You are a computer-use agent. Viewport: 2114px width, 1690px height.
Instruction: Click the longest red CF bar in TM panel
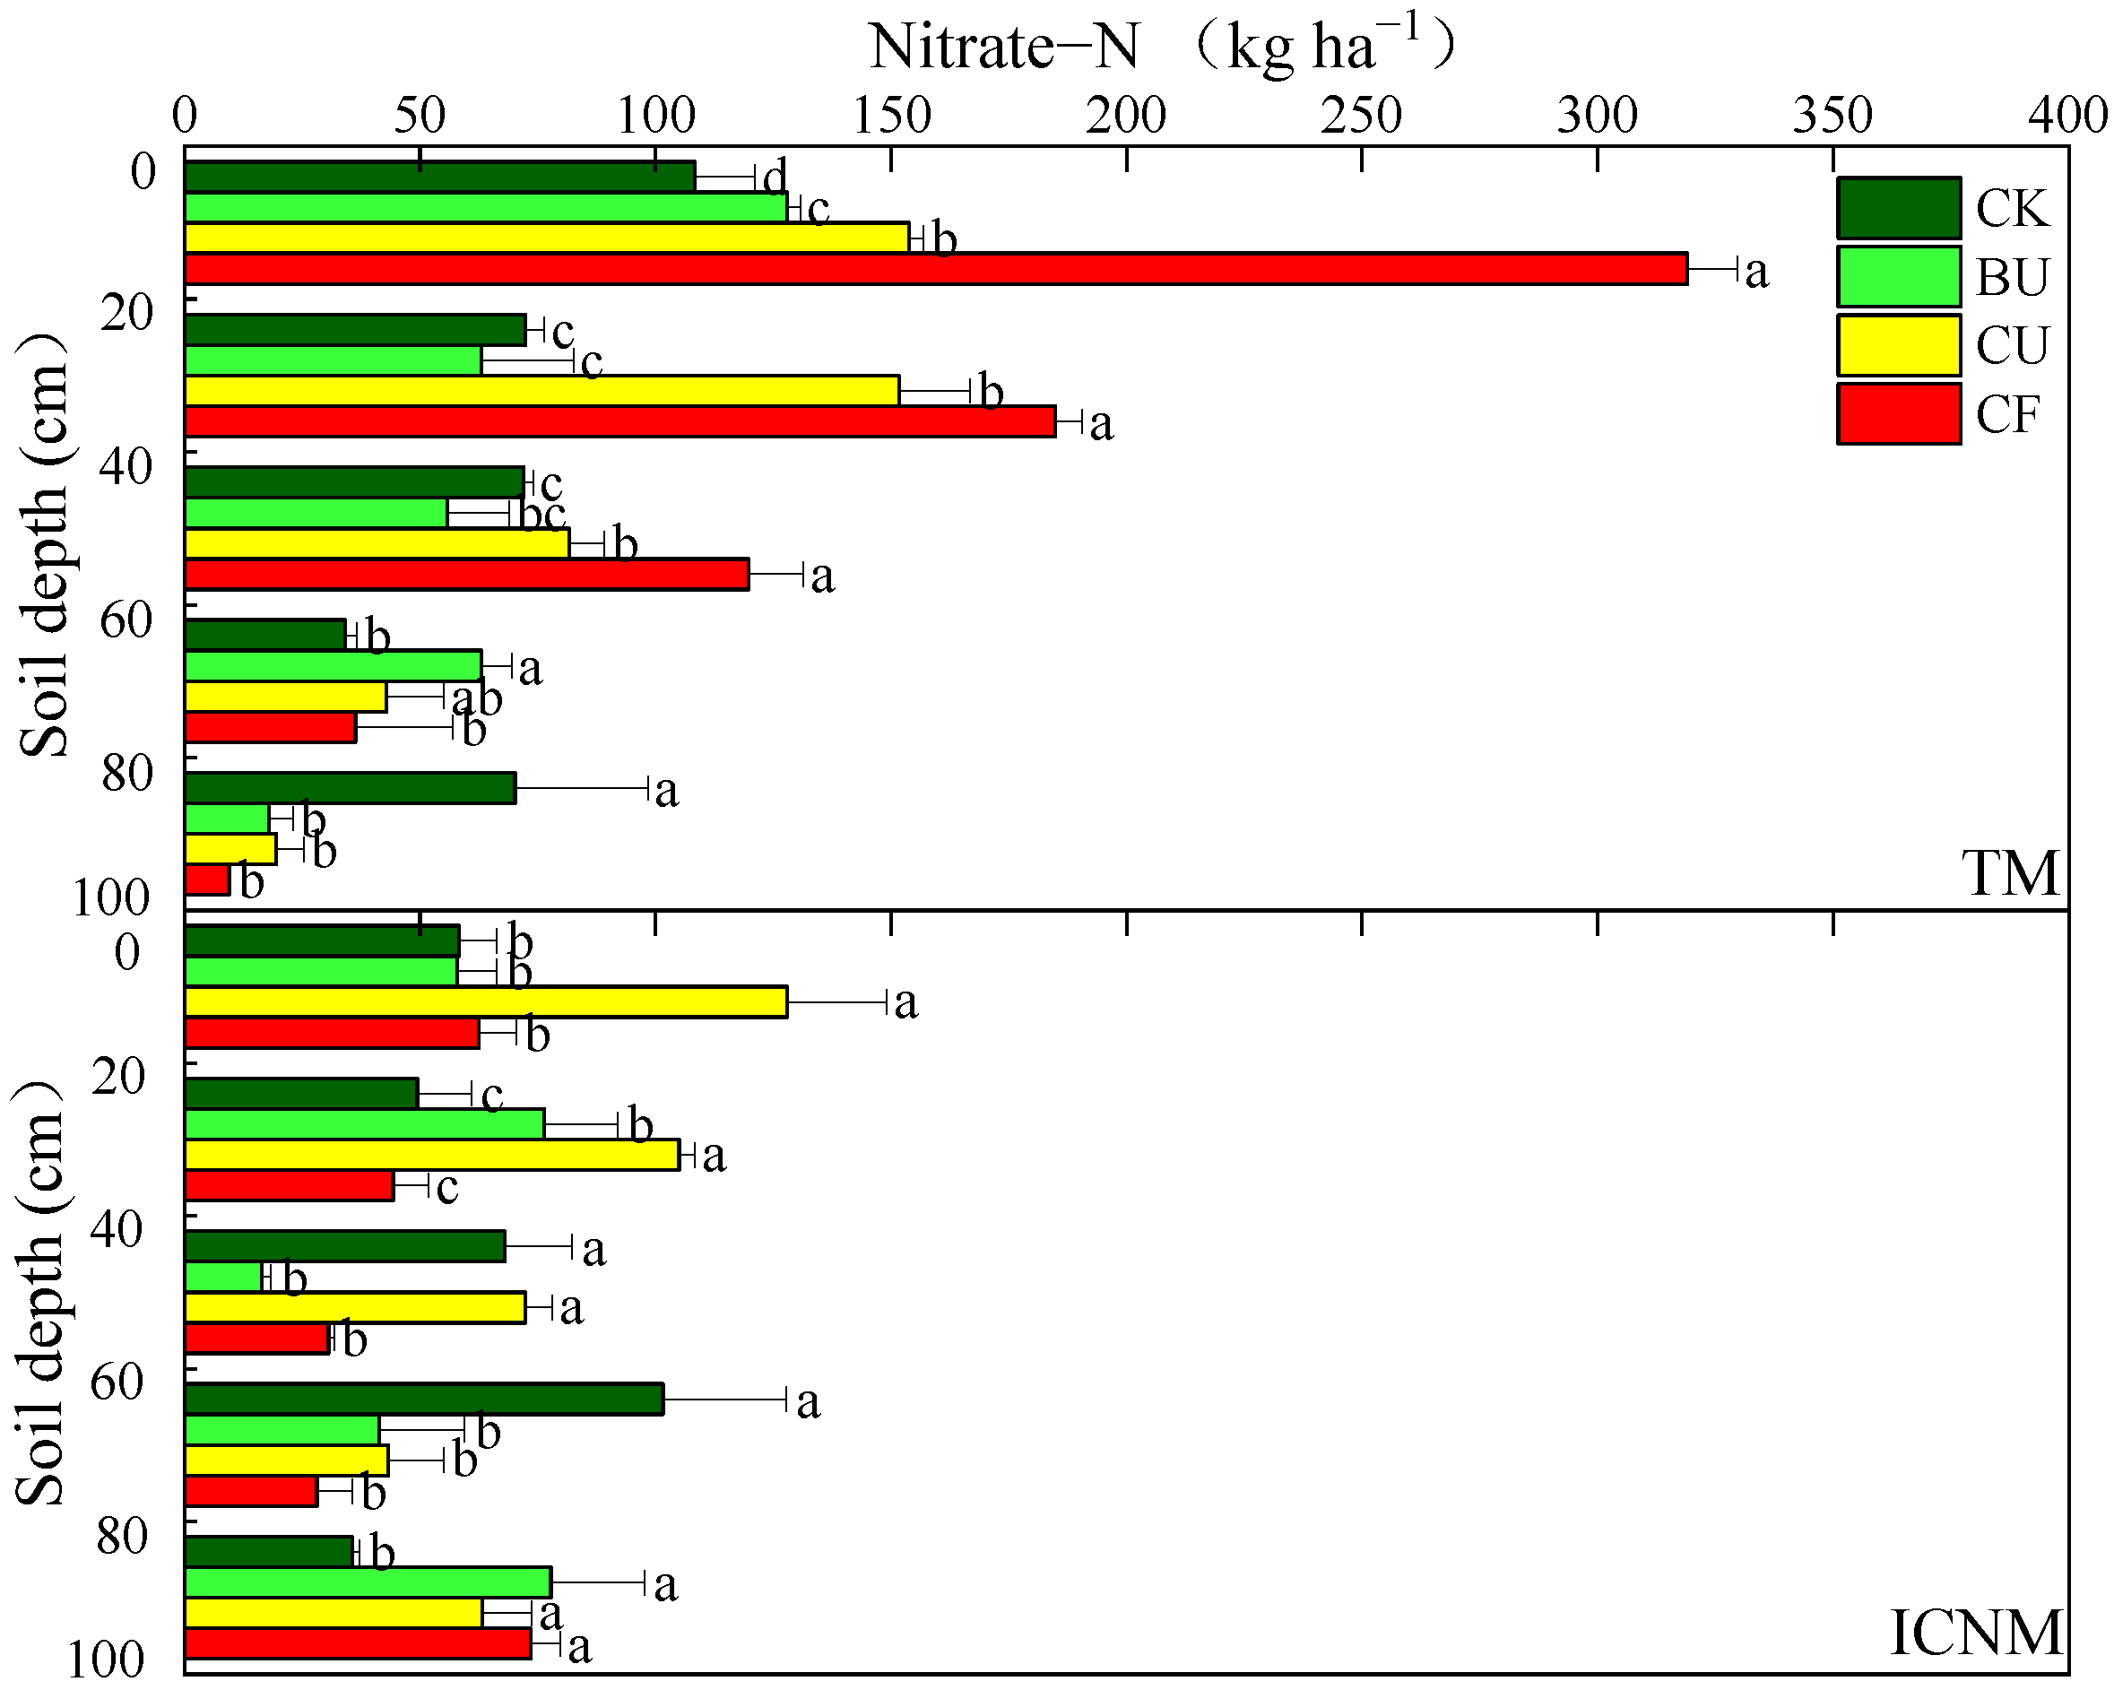[x=935, y=269]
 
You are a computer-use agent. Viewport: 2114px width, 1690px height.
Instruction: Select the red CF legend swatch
[x=1898, y=413]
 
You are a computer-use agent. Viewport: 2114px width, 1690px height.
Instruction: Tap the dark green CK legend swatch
[x=1898, y=208]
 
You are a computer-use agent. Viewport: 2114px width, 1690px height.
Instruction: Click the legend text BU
[x=2012, y=277]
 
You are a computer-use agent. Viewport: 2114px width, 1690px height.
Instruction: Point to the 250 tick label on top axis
[x=1361, y=116]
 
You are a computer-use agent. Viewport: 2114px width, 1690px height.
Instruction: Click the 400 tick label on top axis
[x=2069, y=116]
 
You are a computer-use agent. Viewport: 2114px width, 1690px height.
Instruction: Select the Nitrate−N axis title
[x=1162, y=46]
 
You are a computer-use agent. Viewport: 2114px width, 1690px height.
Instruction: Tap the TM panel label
[x=2010, y=873]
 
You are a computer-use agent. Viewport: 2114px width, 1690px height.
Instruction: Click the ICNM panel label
[x=1976, y=1634]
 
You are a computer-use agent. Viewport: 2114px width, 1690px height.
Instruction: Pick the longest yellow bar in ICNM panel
[x=485, y=1001]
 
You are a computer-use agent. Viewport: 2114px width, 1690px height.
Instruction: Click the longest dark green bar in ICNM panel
[x=423, y=1400]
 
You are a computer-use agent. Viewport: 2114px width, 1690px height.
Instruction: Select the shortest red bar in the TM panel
[x=207, y=880]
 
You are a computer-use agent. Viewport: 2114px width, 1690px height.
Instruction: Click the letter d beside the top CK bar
[x=775, y=178]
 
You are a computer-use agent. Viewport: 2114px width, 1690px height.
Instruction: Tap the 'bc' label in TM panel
[x=542, y=514]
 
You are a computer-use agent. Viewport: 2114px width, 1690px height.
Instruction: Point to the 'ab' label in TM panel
[x=477, y=699]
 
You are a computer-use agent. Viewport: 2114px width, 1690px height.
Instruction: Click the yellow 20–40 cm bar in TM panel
[x=541, y=390]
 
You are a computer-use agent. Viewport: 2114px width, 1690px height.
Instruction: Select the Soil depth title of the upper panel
[x=44, y=544]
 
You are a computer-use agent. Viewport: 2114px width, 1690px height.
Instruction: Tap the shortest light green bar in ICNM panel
[x=222, y=1278]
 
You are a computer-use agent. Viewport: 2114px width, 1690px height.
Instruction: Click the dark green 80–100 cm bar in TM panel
[x=350, y=788]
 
